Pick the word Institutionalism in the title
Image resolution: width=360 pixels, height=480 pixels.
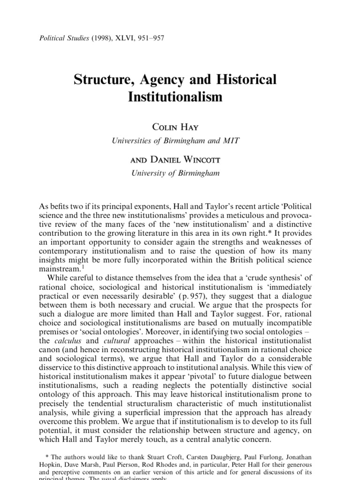click(175, 97)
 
